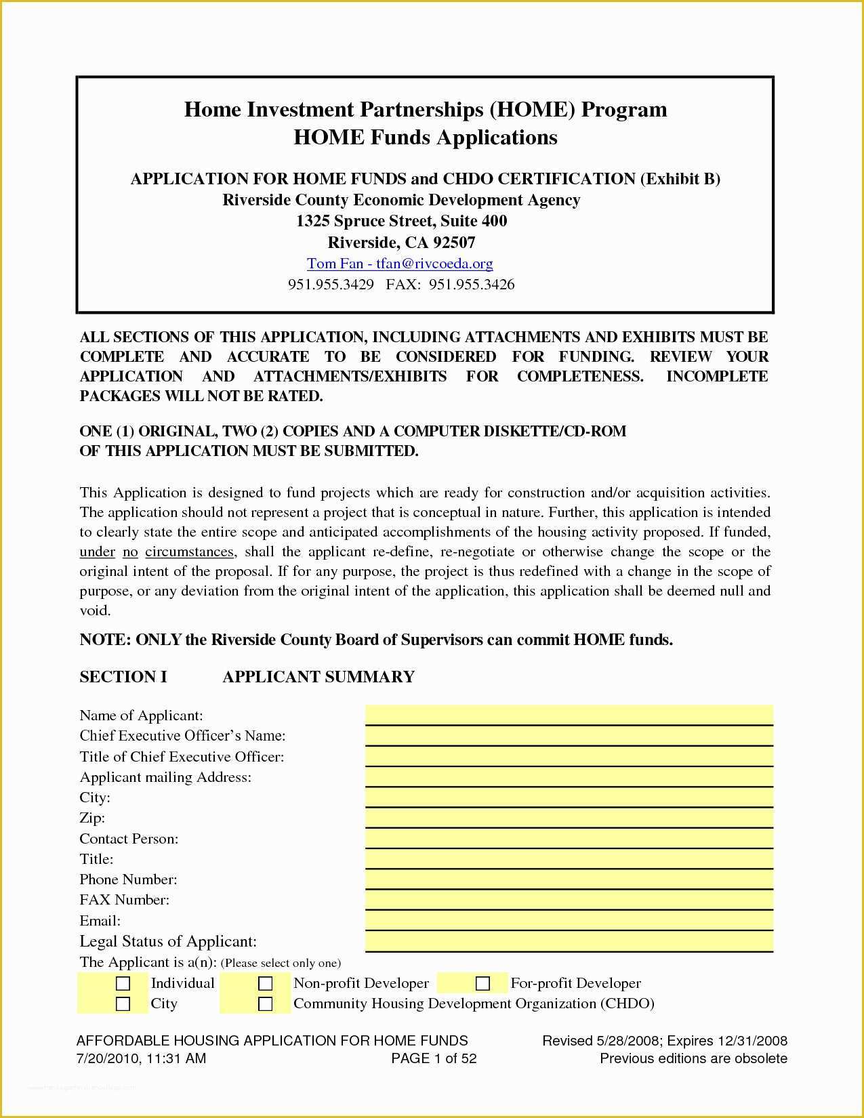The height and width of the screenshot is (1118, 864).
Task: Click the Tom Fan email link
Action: click(400, 264)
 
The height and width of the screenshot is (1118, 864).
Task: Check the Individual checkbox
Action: click(123, 983)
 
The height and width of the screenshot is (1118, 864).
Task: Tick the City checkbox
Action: click(123, 1003)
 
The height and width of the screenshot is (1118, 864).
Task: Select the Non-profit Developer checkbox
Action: click(266, 983)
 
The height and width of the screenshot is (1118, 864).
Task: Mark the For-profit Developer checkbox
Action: click(482, 983)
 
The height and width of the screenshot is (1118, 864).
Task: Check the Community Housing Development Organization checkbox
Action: click(266, 1003)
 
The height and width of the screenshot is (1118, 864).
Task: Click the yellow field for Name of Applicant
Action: click(569, 715)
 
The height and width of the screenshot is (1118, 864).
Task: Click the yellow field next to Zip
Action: click(569, 817)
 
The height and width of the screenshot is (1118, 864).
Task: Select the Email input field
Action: click(569, 919)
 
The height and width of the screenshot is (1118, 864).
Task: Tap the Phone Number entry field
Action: click(569, 879)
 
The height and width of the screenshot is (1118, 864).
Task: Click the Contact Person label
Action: click(129, 839)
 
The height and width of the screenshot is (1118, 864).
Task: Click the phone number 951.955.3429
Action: click(331, 285)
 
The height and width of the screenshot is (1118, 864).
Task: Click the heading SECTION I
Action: click(123, 677)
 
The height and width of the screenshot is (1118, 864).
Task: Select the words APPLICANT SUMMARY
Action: click(318, 677)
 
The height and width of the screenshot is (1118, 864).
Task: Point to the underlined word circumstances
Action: click(190, 552)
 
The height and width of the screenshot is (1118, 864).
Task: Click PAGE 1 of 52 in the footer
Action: click(434, 1058)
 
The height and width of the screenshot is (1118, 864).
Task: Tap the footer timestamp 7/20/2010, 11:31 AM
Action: click(141, 1058)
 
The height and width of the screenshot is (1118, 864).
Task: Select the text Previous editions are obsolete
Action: click(693, 1058)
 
